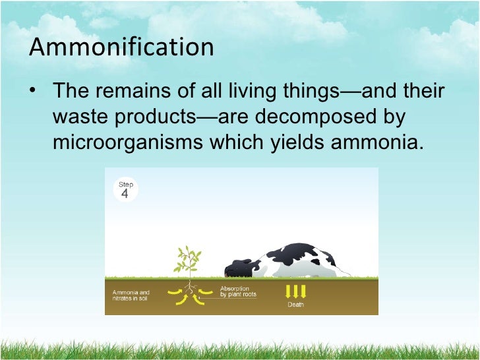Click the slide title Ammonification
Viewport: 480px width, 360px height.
(122, 48)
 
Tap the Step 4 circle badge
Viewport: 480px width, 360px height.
(125, 190)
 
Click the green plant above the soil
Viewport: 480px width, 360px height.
(188, 262)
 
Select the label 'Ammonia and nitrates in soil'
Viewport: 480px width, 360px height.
(131, 295)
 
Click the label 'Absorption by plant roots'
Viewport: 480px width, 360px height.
(238, 291)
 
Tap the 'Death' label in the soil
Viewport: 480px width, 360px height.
(295, 305)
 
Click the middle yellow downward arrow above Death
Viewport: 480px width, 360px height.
(295, 291)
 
